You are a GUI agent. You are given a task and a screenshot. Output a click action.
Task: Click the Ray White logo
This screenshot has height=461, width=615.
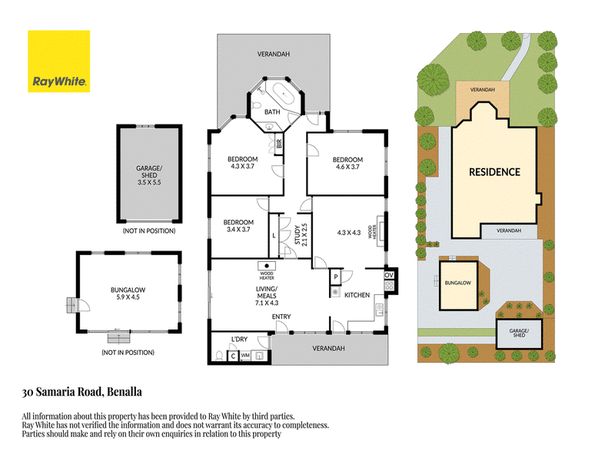tap(59, 61)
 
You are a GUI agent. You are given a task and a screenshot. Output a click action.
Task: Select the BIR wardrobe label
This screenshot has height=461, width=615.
tap(279, 144)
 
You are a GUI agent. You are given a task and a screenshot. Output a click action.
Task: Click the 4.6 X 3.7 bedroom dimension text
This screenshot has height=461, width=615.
tap(347, 167)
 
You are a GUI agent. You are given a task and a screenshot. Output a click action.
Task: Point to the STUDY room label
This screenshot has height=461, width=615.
tap(298, 235)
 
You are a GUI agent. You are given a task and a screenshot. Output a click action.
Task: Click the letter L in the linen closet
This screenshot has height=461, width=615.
tap(274, 236)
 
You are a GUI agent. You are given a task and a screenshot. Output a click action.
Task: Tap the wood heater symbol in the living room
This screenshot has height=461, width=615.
tap(267, 266)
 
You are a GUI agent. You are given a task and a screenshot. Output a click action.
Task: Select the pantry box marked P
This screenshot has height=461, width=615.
tap(336, 277)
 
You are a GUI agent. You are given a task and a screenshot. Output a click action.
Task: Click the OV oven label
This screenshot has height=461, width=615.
tap(389, 275)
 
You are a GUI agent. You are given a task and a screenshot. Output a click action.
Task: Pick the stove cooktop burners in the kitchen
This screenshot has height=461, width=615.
tap(389, 285)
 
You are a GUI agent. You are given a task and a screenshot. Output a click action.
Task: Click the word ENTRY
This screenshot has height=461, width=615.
tap(281, 317)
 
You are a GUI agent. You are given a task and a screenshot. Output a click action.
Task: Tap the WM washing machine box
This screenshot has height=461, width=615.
tap(245, 356)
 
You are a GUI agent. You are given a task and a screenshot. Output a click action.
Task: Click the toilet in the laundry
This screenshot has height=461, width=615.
tap(220, 356)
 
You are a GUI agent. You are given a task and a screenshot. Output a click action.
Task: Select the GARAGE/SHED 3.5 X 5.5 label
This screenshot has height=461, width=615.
tap(149, 175)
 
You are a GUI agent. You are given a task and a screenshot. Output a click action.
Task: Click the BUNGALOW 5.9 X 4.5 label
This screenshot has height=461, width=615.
tap(128, 294)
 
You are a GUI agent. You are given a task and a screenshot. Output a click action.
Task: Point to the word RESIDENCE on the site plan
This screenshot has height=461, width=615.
tap(494, 172)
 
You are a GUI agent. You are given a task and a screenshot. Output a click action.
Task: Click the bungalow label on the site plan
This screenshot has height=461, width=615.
tap(457, 283)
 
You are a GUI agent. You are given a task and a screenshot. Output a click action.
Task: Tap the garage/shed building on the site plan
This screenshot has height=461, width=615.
tap(519, 334)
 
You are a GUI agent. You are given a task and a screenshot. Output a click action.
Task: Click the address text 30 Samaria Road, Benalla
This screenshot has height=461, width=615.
tap(82, 392)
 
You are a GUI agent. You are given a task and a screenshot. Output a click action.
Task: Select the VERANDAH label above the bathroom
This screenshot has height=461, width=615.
tap(274, 54)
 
